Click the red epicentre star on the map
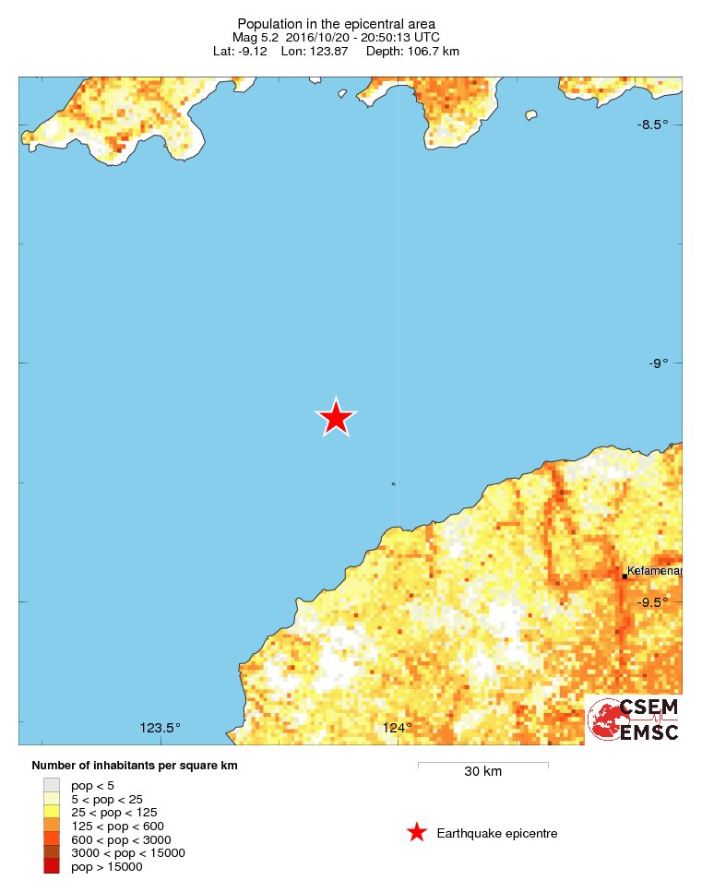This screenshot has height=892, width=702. click(336, 418)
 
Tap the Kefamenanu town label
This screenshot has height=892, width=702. click(654, 571)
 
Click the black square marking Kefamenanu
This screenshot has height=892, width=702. click(625, 577)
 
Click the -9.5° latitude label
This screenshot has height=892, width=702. click(652, 602)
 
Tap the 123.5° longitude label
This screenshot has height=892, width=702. click(161, 728)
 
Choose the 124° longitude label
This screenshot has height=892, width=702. click(398, 728)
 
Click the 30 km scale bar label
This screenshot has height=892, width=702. click(482, 772)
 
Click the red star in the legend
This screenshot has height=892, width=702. click(417, 833)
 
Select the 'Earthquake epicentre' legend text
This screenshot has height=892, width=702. click(497, 834)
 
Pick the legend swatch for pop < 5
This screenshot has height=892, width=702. click(51, 785)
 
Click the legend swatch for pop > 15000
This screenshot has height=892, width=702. click(51, 866)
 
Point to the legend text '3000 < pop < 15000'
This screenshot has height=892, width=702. click(128, 852)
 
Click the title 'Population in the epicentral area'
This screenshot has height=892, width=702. click(336, 23)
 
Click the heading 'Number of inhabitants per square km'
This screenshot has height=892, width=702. click(141, 766)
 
